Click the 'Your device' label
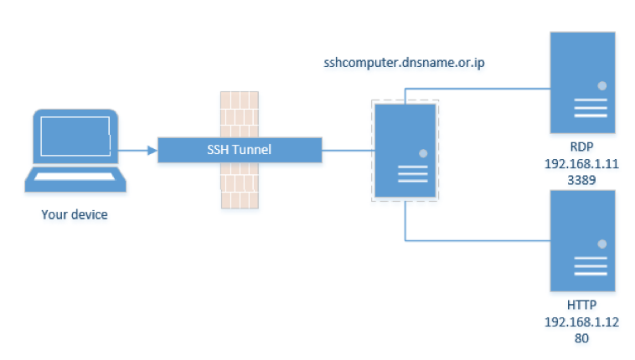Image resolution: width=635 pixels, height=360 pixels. [x=75, y=215]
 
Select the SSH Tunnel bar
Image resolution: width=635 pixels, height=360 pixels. [x=240, y=150]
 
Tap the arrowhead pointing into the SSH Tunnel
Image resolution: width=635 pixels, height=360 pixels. [x=152, y=151]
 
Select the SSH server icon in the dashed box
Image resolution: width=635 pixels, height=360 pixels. [x=405, y=150]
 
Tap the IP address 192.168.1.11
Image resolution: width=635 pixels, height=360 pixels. [x=581, y=164]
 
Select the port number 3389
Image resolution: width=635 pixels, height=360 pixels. [x=581, y=179]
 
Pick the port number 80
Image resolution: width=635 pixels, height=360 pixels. [x=581, y=338]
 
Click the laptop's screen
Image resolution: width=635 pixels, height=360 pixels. [x=75, y=138]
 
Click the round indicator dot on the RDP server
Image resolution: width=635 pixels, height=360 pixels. [x=601, y=85]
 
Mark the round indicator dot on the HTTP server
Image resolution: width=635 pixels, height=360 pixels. [x=601, y=244]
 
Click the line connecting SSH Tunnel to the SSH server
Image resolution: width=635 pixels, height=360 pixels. [x=348, y=151]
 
